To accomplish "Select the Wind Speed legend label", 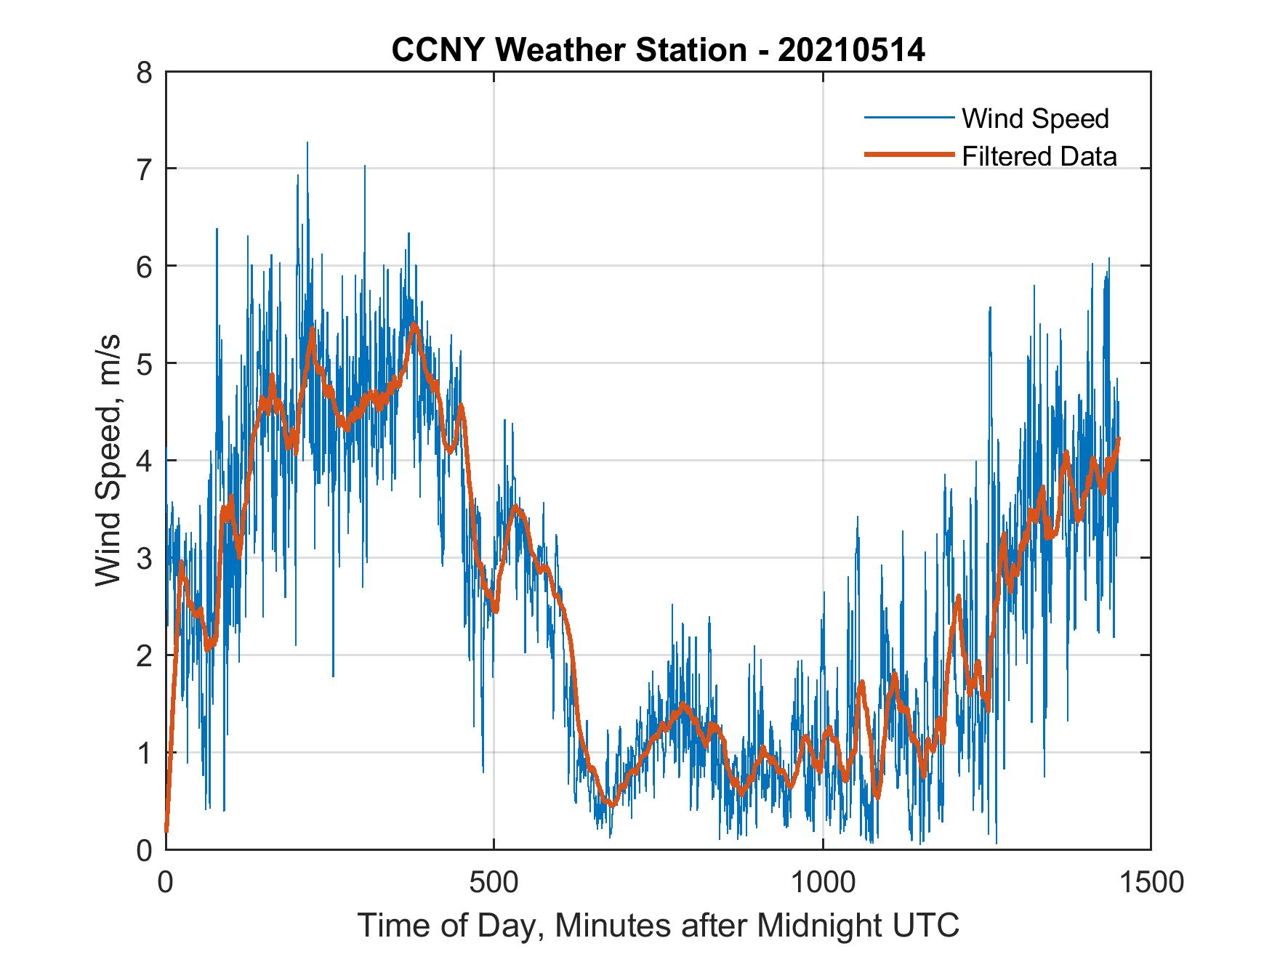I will coord(1035,118).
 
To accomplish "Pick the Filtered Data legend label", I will coord(1039,156).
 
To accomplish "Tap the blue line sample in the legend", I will coord(908,118).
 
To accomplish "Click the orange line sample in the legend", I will coord(908,155).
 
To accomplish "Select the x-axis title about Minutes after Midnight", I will coord(658,926).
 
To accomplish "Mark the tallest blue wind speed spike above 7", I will coord(307,144).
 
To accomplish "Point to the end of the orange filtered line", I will coord(1118,438).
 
